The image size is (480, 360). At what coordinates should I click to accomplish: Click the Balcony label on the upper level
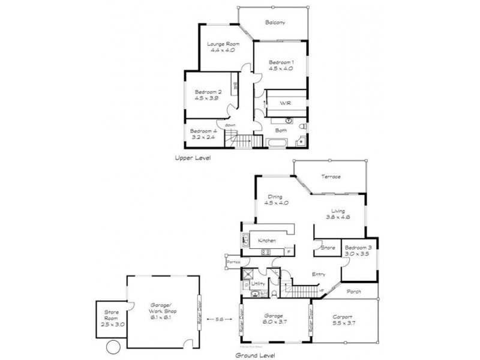click(x=275, y=23)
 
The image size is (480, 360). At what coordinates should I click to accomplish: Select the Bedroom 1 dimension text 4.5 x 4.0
click(x=281, y=69)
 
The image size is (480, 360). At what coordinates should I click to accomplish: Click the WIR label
click(x=285, y=103)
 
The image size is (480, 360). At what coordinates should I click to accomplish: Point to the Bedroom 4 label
click(x=203, y=131)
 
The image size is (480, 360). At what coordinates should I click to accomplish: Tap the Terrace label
click(x=330, y=176)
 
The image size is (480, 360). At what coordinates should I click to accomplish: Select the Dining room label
click(x=276, y=196)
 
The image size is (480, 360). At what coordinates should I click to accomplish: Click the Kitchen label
click(x=267, y=240)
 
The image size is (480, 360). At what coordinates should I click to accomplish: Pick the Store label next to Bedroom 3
click(x=328, y=247)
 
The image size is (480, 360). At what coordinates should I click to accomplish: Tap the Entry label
click(x=319, y=274)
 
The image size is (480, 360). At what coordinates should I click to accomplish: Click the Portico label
click(x=233, y=262)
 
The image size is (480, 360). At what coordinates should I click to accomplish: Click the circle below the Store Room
click(x=112, y=347)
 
